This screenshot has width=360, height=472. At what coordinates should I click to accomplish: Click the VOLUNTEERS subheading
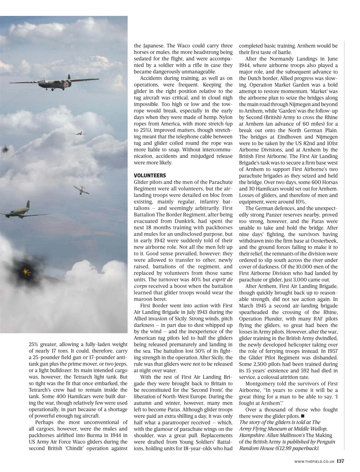click(150, 176)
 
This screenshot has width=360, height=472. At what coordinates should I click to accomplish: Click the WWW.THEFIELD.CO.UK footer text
click(314, 461)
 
